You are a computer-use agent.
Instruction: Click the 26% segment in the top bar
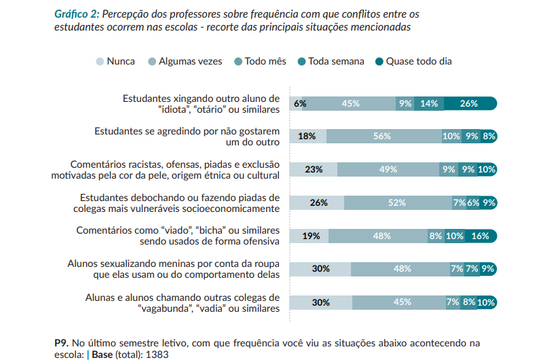click(469, 104)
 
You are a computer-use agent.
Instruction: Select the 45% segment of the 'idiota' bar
click(350, 104)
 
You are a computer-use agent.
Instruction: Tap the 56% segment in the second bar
click(382, 137)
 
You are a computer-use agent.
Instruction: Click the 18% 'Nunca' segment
click(307, 137)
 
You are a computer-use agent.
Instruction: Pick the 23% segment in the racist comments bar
click(314, 170)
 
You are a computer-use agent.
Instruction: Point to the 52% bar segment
click(396, 202)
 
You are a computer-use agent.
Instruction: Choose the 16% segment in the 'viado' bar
click(480, 236)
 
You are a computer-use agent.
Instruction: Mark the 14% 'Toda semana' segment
click(429, 104)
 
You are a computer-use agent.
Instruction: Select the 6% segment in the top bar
click(300, 104)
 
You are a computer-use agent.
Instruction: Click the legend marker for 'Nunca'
click(100, 62)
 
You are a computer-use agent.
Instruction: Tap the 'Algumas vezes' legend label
click(190, 62)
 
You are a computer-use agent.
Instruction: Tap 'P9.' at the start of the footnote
click(61, 342)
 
